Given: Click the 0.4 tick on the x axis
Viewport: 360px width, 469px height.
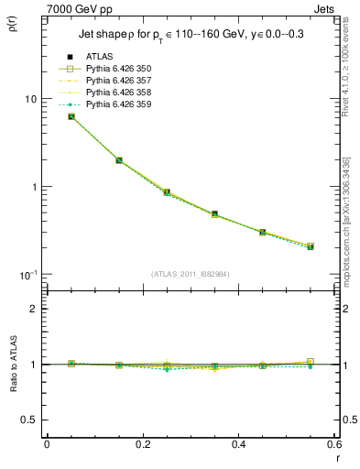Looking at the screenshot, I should (x=238, y=444).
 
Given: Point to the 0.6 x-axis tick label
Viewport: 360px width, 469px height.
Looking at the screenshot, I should (x=333, y=444).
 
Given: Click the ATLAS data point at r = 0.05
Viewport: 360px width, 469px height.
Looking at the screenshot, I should (x=71, y=116).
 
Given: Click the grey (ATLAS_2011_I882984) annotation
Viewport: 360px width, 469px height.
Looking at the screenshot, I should (x=189, y=274).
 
